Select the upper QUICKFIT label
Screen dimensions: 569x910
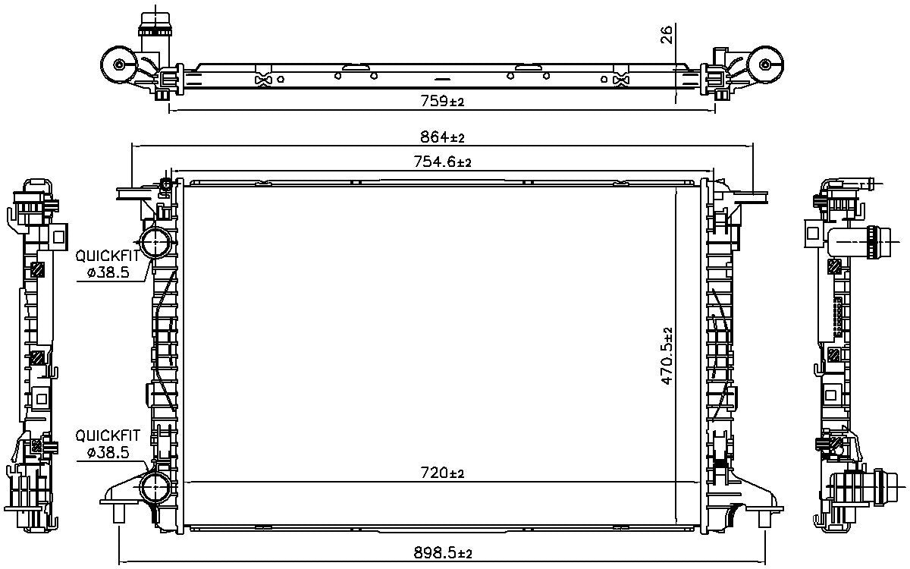tap(108, 256)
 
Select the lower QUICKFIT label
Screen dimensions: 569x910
tap(108, 435)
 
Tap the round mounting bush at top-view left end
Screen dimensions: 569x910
tap(120, 64)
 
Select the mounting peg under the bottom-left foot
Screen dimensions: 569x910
tap(118, 514)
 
